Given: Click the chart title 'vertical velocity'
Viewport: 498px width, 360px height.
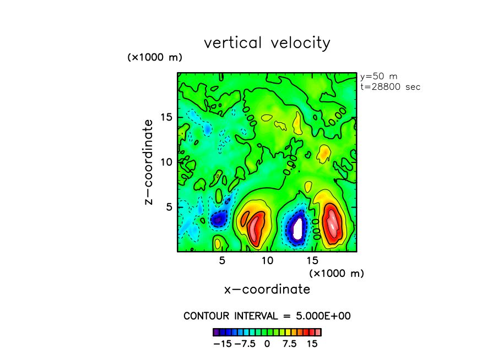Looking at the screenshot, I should pos(267,43).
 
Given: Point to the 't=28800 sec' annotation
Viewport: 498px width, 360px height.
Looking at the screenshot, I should pos(389,87).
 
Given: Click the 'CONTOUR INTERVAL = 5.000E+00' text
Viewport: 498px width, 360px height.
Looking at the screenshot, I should pos(267,316).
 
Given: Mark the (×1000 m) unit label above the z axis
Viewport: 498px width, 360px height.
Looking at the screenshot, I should pos(155,57).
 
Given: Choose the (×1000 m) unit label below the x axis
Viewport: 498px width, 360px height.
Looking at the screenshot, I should pos(337,273).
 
